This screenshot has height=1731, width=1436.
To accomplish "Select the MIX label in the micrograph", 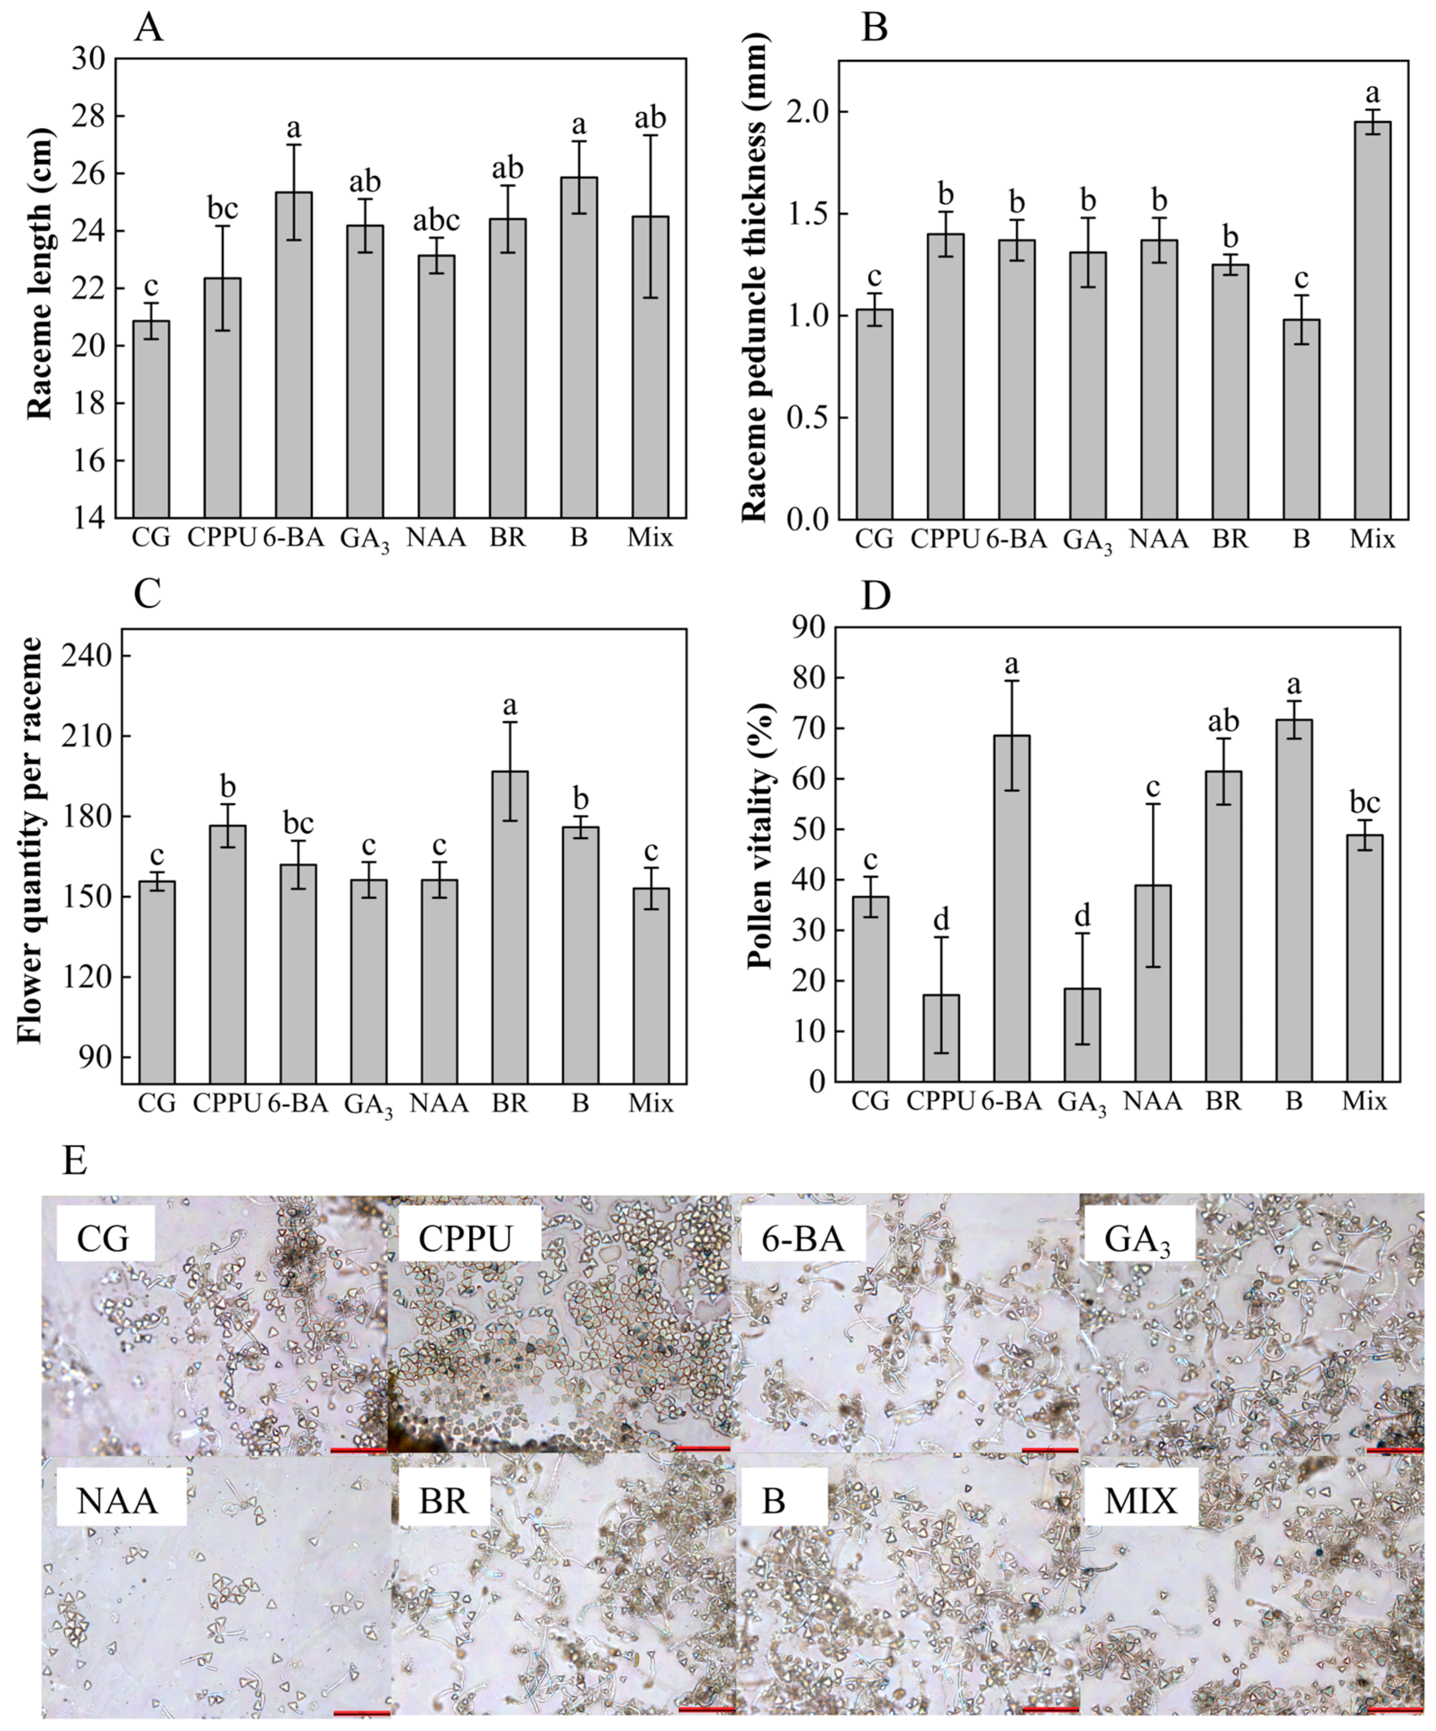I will pos(1142,1501).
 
